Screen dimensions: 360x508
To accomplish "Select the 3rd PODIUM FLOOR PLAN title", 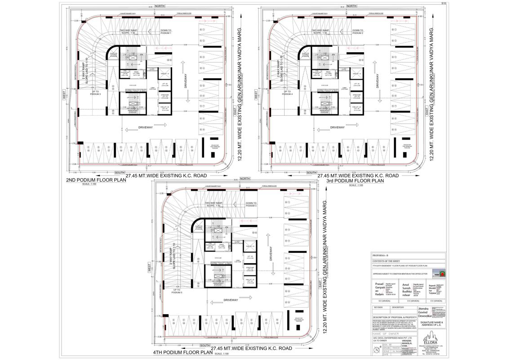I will point(355,180).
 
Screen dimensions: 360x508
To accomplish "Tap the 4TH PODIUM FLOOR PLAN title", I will point(182,352).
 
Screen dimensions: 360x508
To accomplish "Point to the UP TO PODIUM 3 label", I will point(95,92).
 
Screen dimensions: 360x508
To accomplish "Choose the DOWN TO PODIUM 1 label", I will point(165,32).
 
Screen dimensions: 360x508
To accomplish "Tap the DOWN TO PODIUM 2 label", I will point(357,32).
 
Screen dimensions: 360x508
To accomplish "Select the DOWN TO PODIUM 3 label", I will point(251,205).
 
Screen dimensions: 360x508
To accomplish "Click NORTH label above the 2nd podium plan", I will point(160,6).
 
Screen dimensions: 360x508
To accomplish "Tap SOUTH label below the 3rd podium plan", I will point(311,173).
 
